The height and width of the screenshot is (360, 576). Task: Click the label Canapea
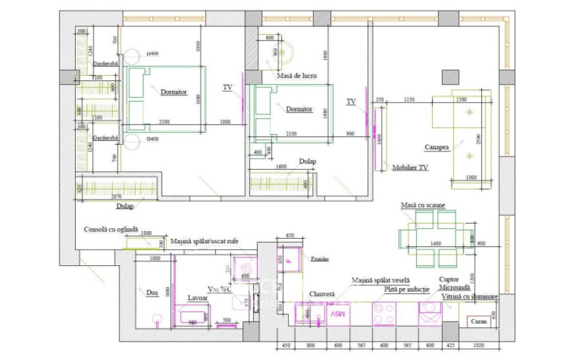[x=436, y=147]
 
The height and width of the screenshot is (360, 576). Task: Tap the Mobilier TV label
[x=410, y=167]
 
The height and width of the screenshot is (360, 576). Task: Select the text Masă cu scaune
[x=423, y=206]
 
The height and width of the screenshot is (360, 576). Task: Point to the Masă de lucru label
[x=296, y=76]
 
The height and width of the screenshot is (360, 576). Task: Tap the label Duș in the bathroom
[x=151, y=292]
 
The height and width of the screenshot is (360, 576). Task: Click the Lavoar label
[x=198, y=297]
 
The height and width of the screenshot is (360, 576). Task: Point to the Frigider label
[x=320, y=260]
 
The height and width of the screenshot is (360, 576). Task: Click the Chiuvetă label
[x=321, y=293]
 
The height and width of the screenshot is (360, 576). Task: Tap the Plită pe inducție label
[x=406, y=289]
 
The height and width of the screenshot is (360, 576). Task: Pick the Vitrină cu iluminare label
[x=470, y=296]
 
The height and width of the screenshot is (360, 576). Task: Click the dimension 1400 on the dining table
[x=435, y=244]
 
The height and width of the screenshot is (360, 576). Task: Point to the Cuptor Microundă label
[x=453, y=282]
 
